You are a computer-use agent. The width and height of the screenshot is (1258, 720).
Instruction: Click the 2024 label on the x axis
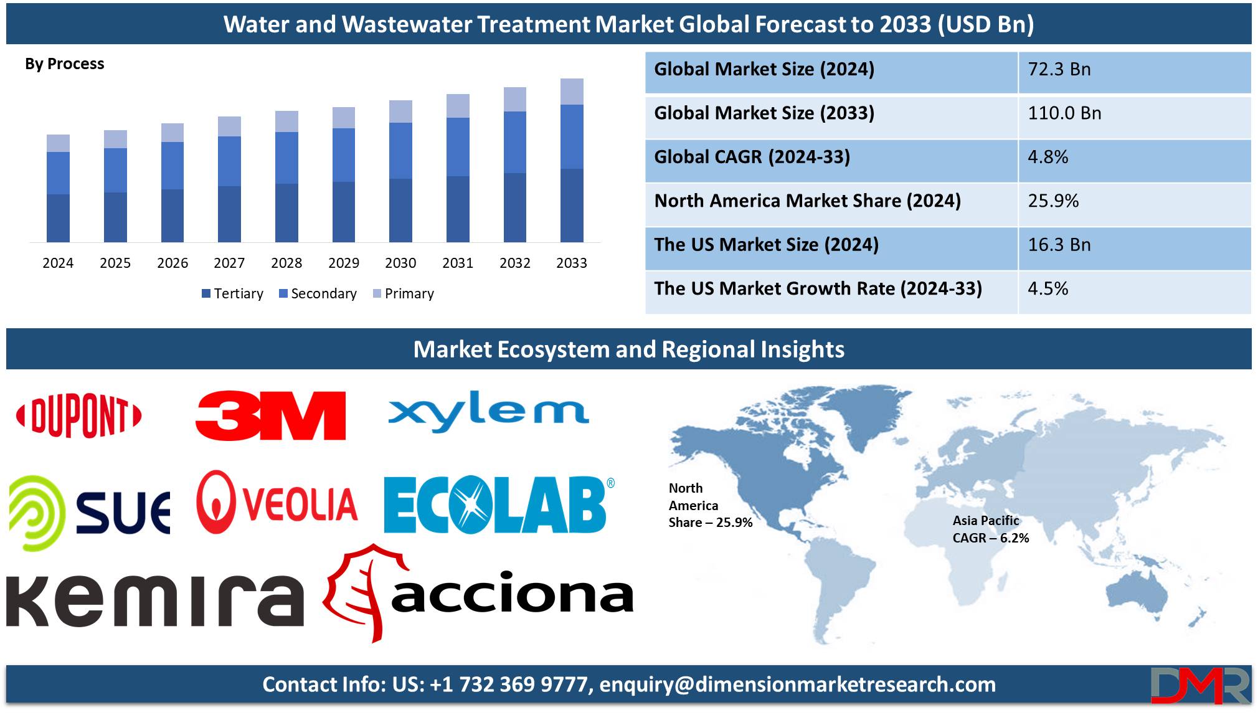58,263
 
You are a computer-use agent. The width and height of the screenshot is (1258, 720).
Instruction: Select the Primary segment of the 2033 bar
572,92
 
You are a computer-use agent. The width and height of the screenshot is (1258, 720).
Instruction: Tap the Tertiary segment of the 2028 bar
286,213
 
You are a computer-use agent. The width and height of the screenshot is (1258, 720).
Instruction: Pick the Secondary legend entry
318,293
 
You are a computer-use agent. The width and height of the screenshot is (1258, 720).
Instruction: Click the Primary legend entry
403,293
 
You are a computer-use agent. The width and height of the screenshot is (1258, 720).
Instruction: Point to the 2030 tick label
400,263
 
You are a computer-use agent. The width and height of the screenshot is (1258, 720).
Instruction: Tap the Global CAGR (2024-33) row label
752,157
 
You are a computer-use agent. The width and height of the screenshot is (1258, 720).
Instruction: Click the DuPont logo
79,415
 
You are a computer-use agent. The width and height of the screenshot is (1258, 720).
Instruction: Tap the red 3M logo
270,415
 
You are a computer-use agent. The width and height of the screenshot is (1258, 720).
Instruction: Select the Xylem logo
489,411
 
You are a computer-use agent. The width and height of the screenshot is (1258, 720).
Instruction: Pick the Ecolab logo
499,505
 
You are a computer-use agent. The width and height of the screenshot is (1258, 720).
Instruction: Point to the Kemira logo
155,600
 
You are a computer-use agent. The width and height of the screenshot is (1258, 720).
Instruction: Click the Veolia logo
277,502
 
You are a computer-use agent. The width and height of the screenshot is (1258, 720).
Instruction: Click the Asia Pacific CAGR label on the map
991,529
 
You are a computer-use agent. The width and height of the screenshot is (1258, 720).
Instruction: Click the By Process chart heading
65,64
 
